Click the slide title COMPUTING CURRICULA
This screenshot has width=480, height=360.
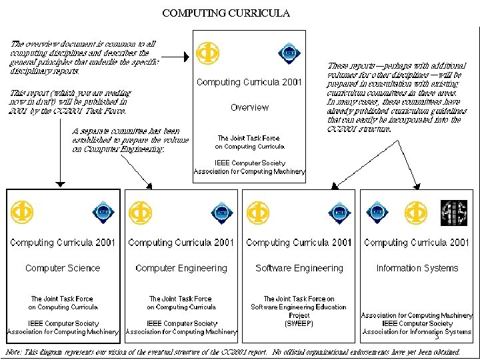(226, 13)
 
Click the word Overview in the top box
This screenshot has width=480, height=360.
(249, 107)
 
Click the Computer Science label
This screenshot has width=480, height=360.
(63, 268)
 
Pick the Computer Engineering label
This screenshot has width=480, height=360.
(181, 268)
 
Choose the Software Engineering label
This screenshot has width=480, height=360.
(299, 268)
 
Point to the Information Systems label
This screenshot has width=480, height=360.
(417, 268)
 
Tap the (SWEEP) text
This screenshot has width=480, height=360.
(299, 323)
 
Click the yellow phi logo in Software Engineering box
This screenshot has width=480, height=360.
(259, 213)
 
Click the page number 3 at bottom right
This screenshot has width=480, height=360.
(436, 338)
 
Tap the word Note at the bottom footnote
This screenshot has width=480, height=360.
(13, 351)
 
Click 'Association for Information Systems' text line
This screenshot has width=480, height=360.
(417, 331)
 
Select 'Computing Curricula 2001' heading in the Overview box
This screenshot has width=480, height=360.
(249, 83)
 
